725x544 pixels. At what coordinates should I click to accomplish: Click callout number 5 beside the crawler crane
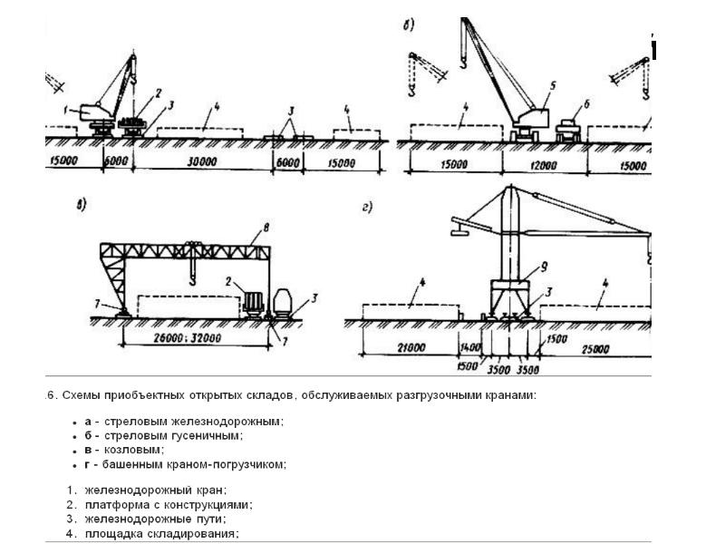[549, 84]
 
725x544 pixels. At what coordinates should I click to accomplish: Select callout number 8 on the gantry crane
[266, 227]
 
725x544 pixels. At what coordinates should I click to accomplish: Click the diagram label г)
[367, 209]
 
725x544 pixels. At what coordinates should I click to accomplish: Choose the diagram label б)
[409, 25]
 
